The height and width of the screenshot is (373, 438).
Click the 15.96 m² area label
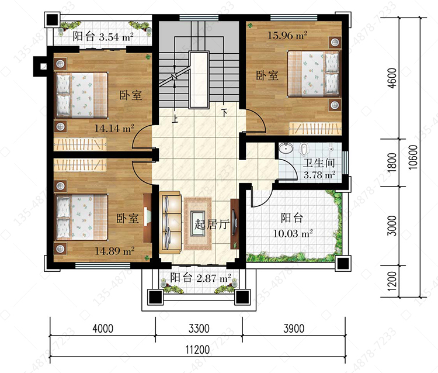287,36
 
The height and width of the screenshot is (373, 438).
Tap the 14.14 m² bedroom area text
114,129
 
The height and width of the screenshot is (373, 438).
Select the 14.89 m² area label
114,251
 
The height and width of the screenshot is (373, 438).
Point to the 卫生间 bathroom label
319,163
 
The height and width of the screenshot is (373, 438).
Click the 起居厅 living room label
212,225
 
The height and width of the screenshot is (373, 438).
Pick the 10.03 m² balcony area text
293,233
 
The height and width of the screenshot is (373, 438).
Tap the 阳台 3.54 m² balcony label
103,36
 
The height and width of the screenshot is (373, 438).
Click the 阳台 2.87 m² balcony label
200,278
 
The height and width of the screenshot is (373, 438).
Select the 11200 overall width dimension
197,350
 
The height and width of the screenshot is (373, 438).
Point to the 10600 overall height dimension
413,157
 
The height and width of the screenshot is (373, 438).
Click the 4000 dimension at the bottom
103,329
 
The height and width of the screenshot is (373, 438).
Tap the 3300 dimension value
199,329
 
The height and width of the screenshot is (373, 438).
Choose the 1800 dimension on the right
392,163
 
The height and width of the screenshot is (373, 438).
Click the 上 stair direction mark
175,119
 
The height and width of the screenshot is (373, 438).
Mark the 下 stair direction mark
224,113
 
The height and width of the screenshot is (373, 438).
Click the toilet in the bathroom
303,148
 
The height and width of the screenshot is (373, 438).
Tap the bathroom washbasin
286,148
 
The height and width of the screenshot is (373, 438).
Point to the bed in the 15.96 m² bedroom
314,74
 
